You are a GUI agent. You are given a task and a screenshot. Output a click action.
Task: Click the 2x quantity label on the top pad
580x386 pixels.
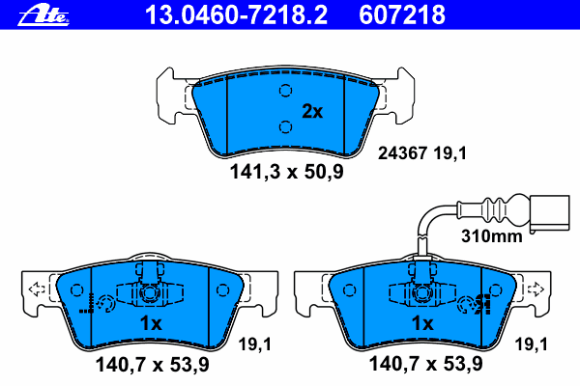pos(312,112)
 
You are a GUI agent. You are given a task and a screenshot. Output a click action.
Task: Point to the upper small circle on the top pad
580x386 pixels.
pos(285,91)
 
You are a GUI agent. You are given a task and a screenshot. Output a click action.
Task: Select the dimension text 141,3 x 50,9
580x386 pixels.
pos(286,172)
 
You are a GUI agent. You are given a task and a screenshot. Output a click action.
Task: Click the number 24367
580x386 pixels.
pos(403,153)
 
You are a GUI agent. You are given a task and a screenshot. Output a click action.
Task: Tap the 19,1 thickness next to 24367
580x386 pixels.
pos(450,153)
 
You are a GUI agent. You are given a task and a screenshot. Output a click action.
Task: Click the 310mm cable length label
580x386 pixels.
pos(492,234)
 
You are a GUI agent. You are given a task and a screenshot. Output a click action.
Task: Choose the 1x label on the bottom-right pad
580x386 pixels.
pos(422,324)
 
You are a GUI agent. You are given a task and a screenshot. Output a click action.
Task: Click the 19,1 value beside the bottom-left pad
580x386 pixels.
pos(254,343)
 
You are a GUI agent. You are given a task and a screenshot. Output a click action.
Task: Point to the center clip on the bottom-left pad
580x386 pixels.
pos(148,291)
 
